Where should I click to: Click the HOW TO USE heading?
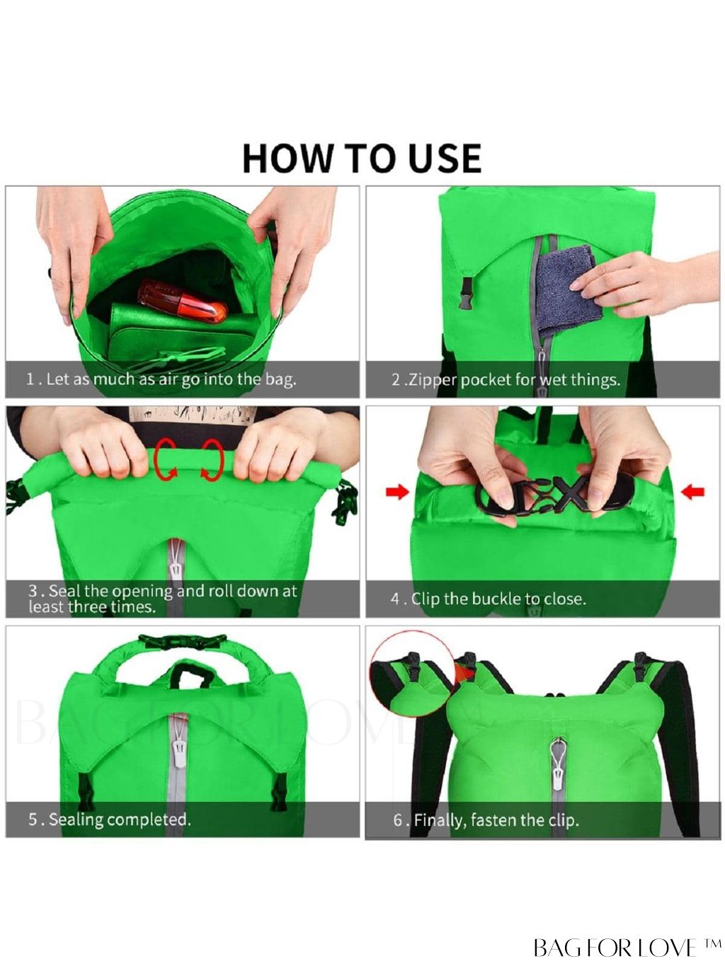(x=362, y=158)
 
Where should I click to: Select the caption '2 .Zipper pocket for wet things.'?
(x=506, y=379)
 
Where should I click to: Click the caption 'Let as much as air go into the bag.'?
(x=171, y=379)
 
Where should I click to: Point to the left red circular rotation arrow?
(x=166, y=459)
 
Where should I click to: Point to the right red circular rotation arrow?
(x=212, y=459)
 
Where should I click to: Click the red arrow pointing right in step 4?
(x=397, y=492)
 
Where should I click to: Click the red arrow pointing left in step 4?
(x=692, y=492)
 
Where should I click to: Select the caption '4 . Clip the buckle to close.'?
(x=489, y=599)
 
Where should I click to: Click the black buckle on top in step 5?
(x=182, y=642)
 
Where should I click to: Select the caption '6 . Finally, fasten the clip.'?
(x=486, y=820)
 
